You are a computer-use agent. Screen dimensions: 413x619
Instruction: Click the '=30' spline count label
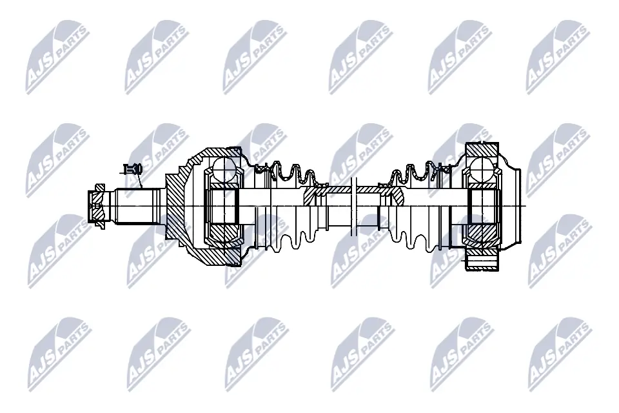click(x=133, y=169)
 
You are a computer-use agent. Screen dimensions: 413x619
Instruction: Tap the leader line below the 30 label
click(x=140, y=183)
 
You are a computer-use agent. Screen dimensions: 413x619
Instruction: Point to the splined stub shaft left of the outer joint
click(x=137, y=205)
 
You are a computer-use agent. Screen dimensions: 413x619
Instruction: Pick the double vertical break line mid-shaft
click(x=352, y=205)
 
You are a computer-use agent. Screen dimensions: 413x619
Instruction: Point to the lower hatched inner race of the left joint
click(x=223, y=230)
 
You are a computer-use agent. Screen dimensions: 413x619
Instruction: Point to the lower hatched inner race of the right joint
click(x=483, y=230)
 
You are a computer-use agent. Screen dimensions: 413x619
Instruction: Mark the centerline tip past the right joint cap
click(x=526, y=205)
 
